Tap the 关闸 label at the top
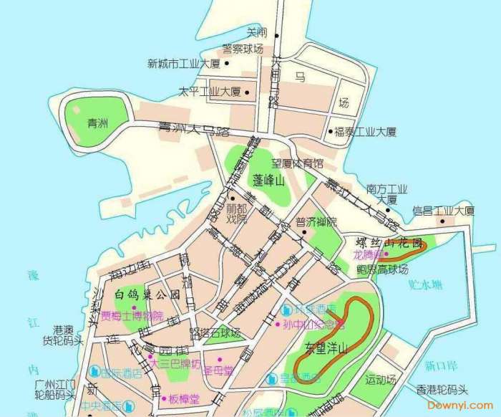pos(256,32)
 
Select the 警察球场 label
pos(243,49)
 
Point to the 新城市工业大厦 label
pos(183,64)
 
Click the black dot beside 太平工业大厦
pos(248,92)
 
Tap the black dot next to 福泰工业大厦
pos(330,131)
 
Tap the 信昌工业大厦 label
pos(444,211)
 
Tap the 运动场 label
pos(380,378)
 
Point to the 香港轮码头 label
pos(441,390)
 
